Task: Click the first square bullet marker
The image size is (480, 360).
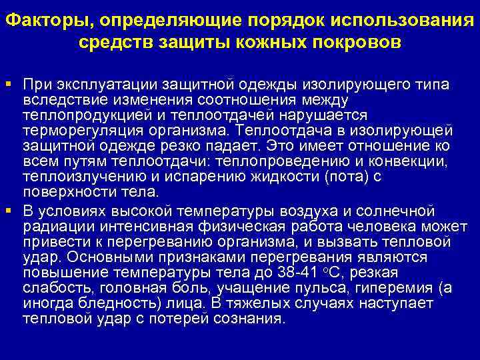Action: pyautogui.click(x=10, y=85)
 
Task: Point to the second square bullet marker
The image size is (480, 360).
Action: pyautogui.click(x=10, y=211)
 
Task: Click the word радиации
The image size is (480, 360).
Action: pyautogui.click(x=53, y=227)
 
